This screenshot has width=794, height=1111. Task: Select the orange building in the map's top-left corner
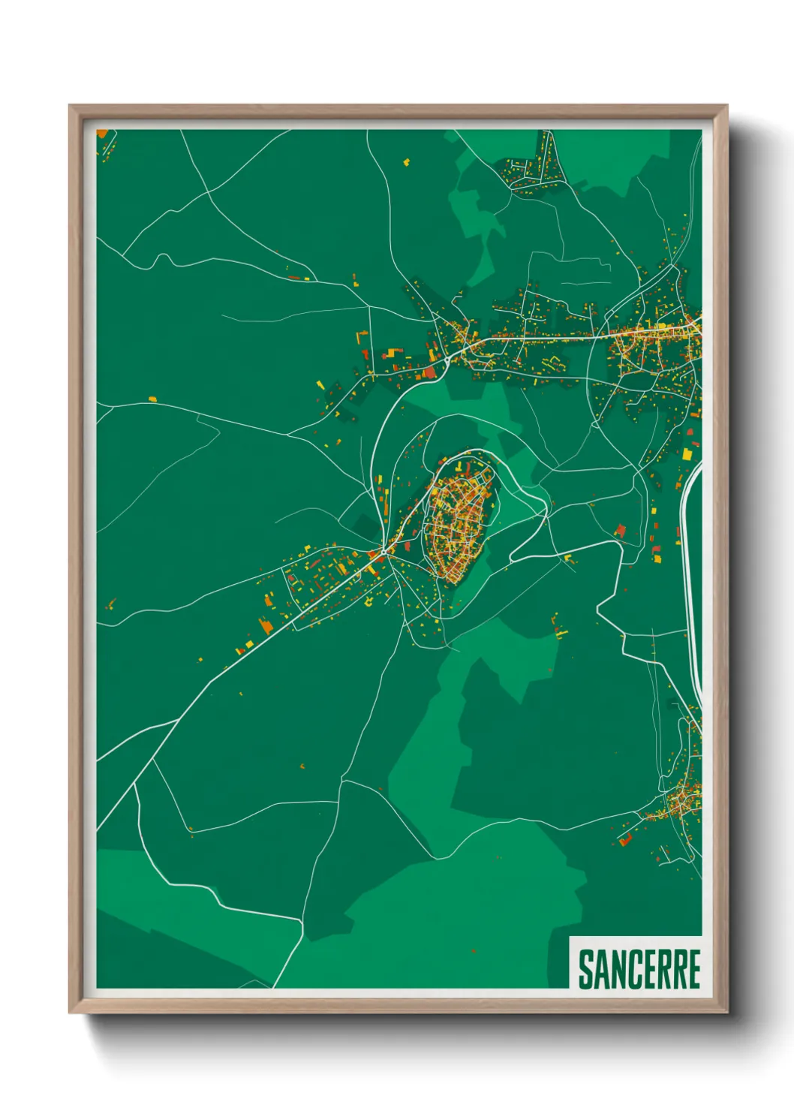tap(103, 134)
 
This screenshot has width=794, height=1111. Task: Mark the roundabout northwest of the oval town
tap(447, 360)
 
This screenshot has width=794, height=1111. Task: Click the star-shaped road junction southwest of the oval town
tap(384, 552)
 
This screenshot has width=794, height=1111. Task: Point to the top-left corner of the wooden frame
tap(71, 107)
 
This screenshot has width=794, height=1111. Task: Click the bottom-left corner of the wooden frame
tap(71, 1012)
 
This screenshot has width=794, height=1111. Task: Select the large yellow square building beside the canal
tap(687, 453)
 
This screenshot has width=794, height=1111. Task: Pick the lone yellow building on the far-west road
tap(152, 399)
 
